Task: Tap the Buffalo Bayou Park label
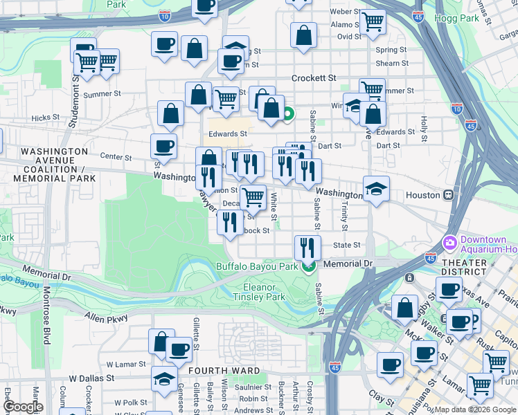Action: point(257,266)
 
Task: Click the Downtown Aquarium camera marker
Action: point(449,243)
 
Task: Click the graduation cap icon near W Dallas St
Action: point(164,379)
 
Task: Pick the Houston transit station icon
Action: point(449,195)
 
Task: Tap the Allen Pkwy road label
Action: point(102,316)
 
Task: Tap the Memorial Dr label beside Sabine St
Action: point(348,264)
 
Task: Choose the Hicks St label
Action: point(46,118)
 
